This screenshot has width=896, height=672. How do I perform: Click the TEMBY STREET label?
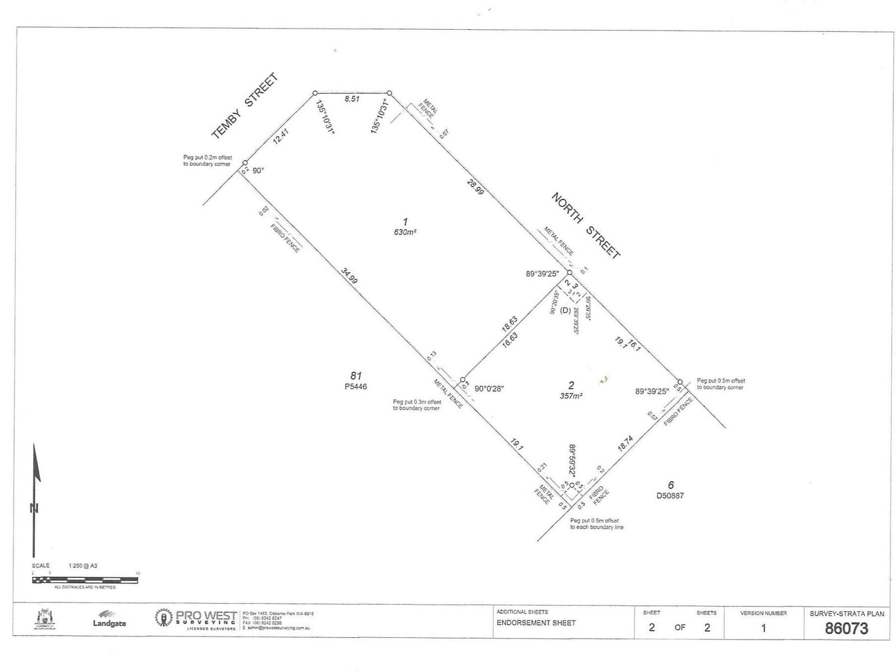245,106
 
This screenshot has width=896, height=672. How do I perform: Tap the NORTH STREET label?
586,225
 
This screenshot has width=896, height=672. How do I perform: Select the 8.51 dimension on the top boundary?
352,99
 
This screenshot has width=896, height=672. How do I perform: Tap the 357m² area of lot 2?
571,395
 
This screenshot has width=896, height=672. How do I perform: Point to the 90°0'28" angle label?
489,389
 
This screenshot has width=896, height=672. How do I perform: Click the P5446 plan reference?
356,386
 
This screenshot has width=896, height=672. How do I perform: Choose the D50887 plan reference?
670,495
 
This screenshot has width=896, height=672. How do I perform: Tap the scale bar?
85,580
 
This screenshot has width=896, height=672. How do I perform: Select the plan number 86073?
846,628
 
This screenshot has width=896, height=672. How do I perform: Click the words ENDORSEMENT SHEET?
536,623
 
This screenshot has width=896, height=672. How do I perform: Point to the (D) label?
565,310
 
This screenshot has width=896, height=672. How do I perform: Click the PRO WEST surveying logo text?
206,616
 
